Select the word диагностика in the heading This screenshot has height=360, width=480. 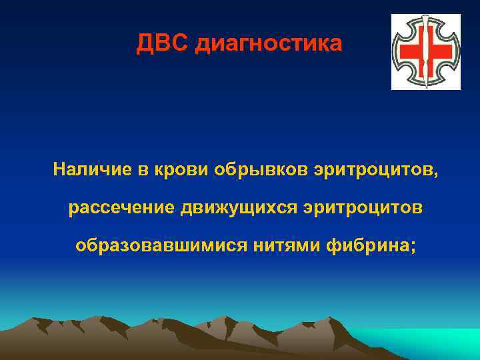(x=269, y=45)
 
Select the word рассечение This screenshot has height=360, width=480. (x=121, y=208)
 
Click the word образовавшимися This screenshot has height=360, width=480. (x=161, y=246)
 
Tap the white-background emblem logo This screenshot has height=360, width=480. (x=425, y=51)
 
